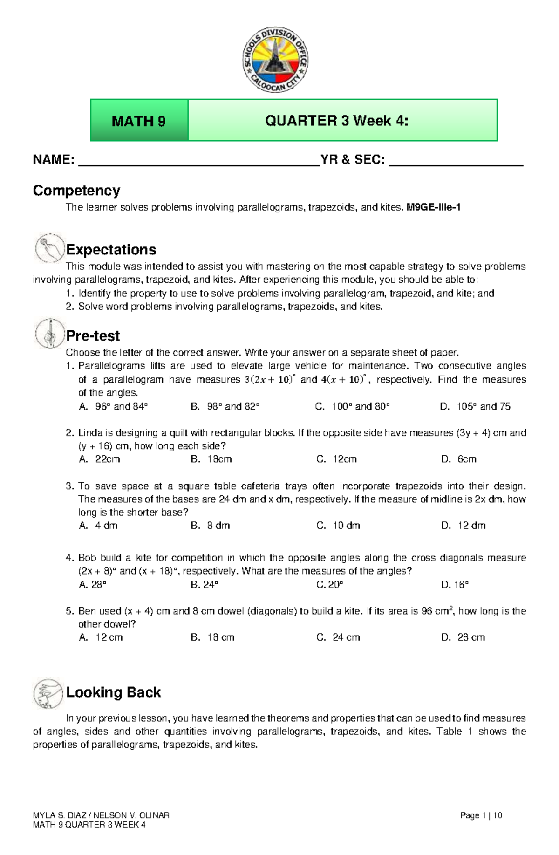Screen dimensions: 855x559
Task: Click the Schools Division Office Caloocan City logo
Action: tap(275, 60)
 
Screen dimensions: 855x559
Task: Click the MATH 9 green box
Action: tap(139, 121)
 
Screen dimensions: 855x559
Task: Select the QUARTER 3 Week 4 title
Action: tap(336, 121)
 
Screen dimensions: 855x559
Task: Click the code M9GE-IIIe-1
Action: tap(433, 207)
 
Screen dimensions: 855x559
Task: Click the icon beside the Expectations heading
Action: tap(49, 248)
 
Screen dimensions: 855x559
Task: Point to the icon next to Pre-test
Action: tap(49, 334)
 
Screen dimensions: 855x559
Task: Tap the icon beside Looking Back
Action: tap(48, 693)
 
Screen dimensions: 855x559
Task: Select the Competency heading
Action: tap(76, 191)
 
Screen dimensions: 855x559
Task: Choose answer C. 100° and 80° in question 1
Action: tap(352, 406)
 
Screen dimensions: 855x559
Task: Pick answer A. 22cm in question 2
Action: tap(100, 459)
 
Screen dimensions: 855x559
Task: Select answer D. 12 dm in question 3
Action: tap(464, 525)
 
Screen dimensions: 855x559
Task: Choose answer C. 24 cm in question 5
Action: tap(338, 637)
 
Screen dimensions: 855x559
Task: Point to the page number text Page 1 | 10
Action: tap(481, 815)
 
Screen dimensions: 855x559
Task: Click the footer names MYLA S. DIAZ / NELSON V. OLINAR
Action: tap(101, 815)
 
